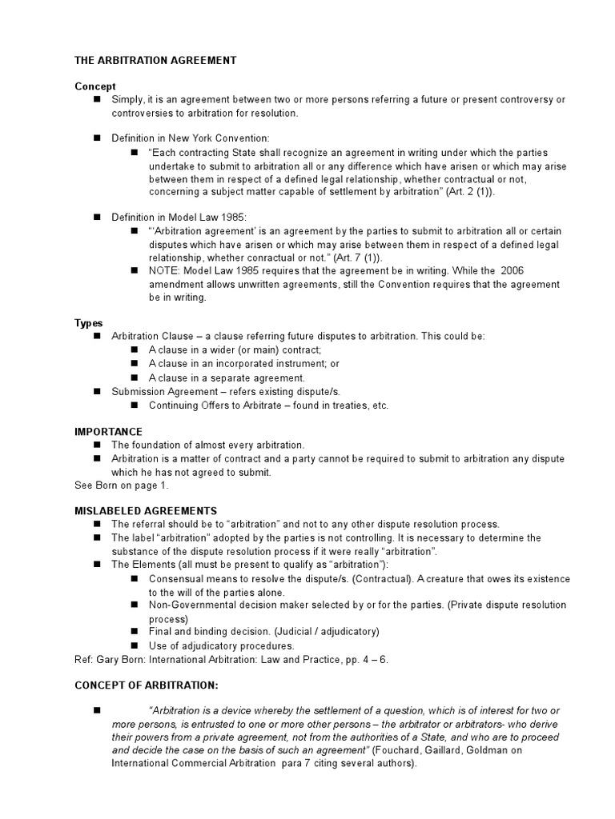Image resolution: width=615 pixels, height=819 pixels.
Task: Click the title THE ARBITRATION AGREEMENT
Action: click(155, 60)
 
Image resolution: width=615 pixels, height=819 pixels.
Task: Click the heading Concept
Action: click(95, 86)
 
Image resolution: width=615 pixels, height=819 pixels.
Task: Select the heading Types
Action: click(89, 323)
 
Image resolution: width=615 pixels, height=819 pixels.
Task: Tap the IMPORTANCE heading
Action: click(108, 431)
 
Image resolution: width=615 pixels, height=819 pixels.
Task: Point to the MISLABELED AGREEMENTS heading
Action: click(146, 510)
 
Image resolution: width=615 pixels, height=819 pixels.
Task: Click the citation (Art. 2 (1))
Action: click(468, 192)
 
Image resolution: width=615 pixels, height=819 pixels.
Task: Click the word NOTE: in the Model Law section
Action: click(165, 271)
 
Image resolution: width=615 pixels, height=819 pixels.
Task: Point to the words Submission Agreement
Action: click(159, 391)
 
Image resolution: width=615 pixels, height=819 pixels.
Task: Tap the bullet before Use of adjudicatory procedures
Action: click(134, 645)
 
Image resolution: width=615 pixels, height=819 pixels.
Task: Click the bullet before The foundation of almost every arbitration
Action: click(97, 445)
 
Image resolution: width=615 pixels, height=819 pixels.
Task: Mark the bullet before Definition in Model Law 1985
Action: click(97, 217)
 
